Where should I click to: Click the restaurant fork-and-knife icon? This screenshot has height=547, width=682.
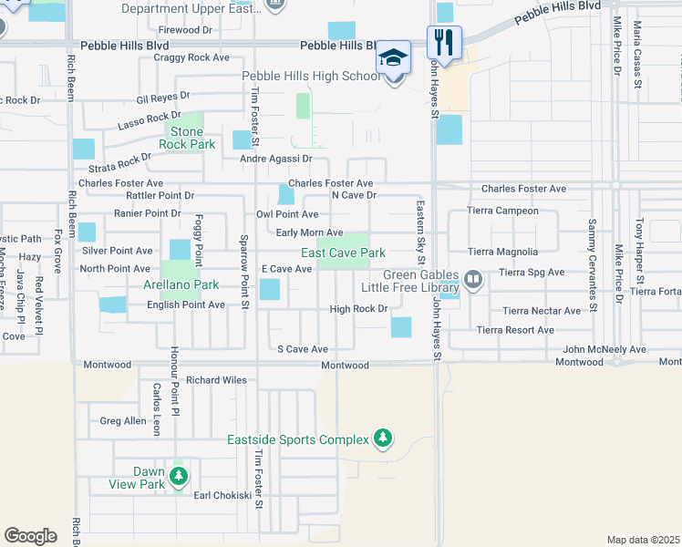444,41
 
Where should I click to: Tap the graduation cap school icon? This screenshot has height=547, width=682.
394,57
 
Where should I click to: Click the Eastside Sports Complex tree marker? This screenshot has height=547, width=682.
384,439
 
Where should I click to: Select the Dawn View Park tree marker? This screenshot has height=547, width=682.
179,475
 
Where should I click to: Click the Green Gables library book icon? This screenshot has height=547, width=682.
472,278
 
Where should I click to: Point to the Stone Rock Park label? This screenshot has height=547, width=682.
187,139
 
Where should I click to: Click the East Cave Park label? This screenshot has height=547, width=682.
344,253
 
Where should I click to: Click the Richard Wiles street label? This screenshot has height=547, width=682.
216,380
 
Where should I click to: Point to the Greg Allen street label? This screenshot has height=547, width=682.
123,421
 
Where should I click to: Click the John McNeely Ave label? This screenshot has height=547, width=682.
604,349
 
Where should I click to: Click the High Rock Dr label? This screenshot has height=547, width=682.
359,309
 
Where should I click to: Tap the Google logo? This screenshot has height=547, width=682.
30,536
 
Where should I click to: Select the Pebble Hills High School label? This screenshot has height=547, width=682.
311,77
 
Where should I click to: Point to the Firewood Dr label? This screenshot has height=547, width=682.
184,30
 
